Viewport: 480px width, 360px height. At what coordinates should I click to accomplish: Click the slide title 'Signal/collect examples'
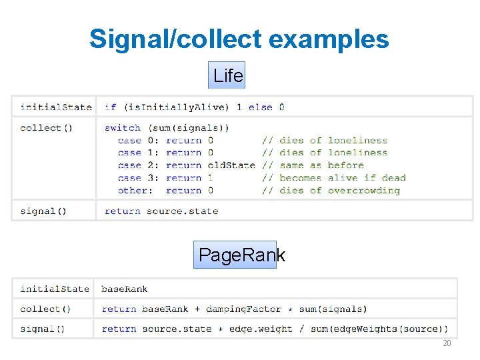(239, 39)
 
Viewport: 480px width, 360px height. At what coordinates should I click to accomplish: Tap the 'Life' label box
(227, 75)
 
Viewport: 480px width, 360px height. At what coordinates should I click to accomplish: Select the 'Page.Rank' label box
(235, 255)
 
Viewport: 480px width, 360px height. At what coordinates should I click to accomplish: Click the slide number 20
(447, 343)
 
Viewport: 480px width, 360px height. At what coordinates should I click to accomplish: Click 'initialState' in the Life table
(55, 107)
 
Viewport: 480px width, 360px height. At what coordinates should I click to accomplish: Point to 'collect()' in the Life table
(41, 127)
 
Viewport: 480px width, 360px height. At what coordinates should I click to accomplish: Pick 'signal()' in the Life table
(43, 211)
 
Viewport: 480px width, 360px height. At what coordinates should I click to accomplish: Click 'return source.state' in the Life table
(161, 211)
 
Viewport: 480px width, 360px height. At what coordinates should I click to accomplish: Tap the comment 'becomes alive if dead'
(342, 178)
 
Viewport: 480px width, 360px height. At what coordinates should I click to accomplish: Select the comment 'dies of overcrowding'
(339, 191)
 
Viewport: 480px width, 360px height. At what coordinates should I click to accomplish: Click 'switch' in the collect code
(123, 127)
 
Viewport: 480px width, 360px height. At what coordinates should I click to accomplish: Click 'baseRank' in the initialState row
(124, 289)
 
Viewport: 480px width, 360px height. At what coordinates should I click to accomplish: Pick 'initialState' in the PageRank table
(54, 289)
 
